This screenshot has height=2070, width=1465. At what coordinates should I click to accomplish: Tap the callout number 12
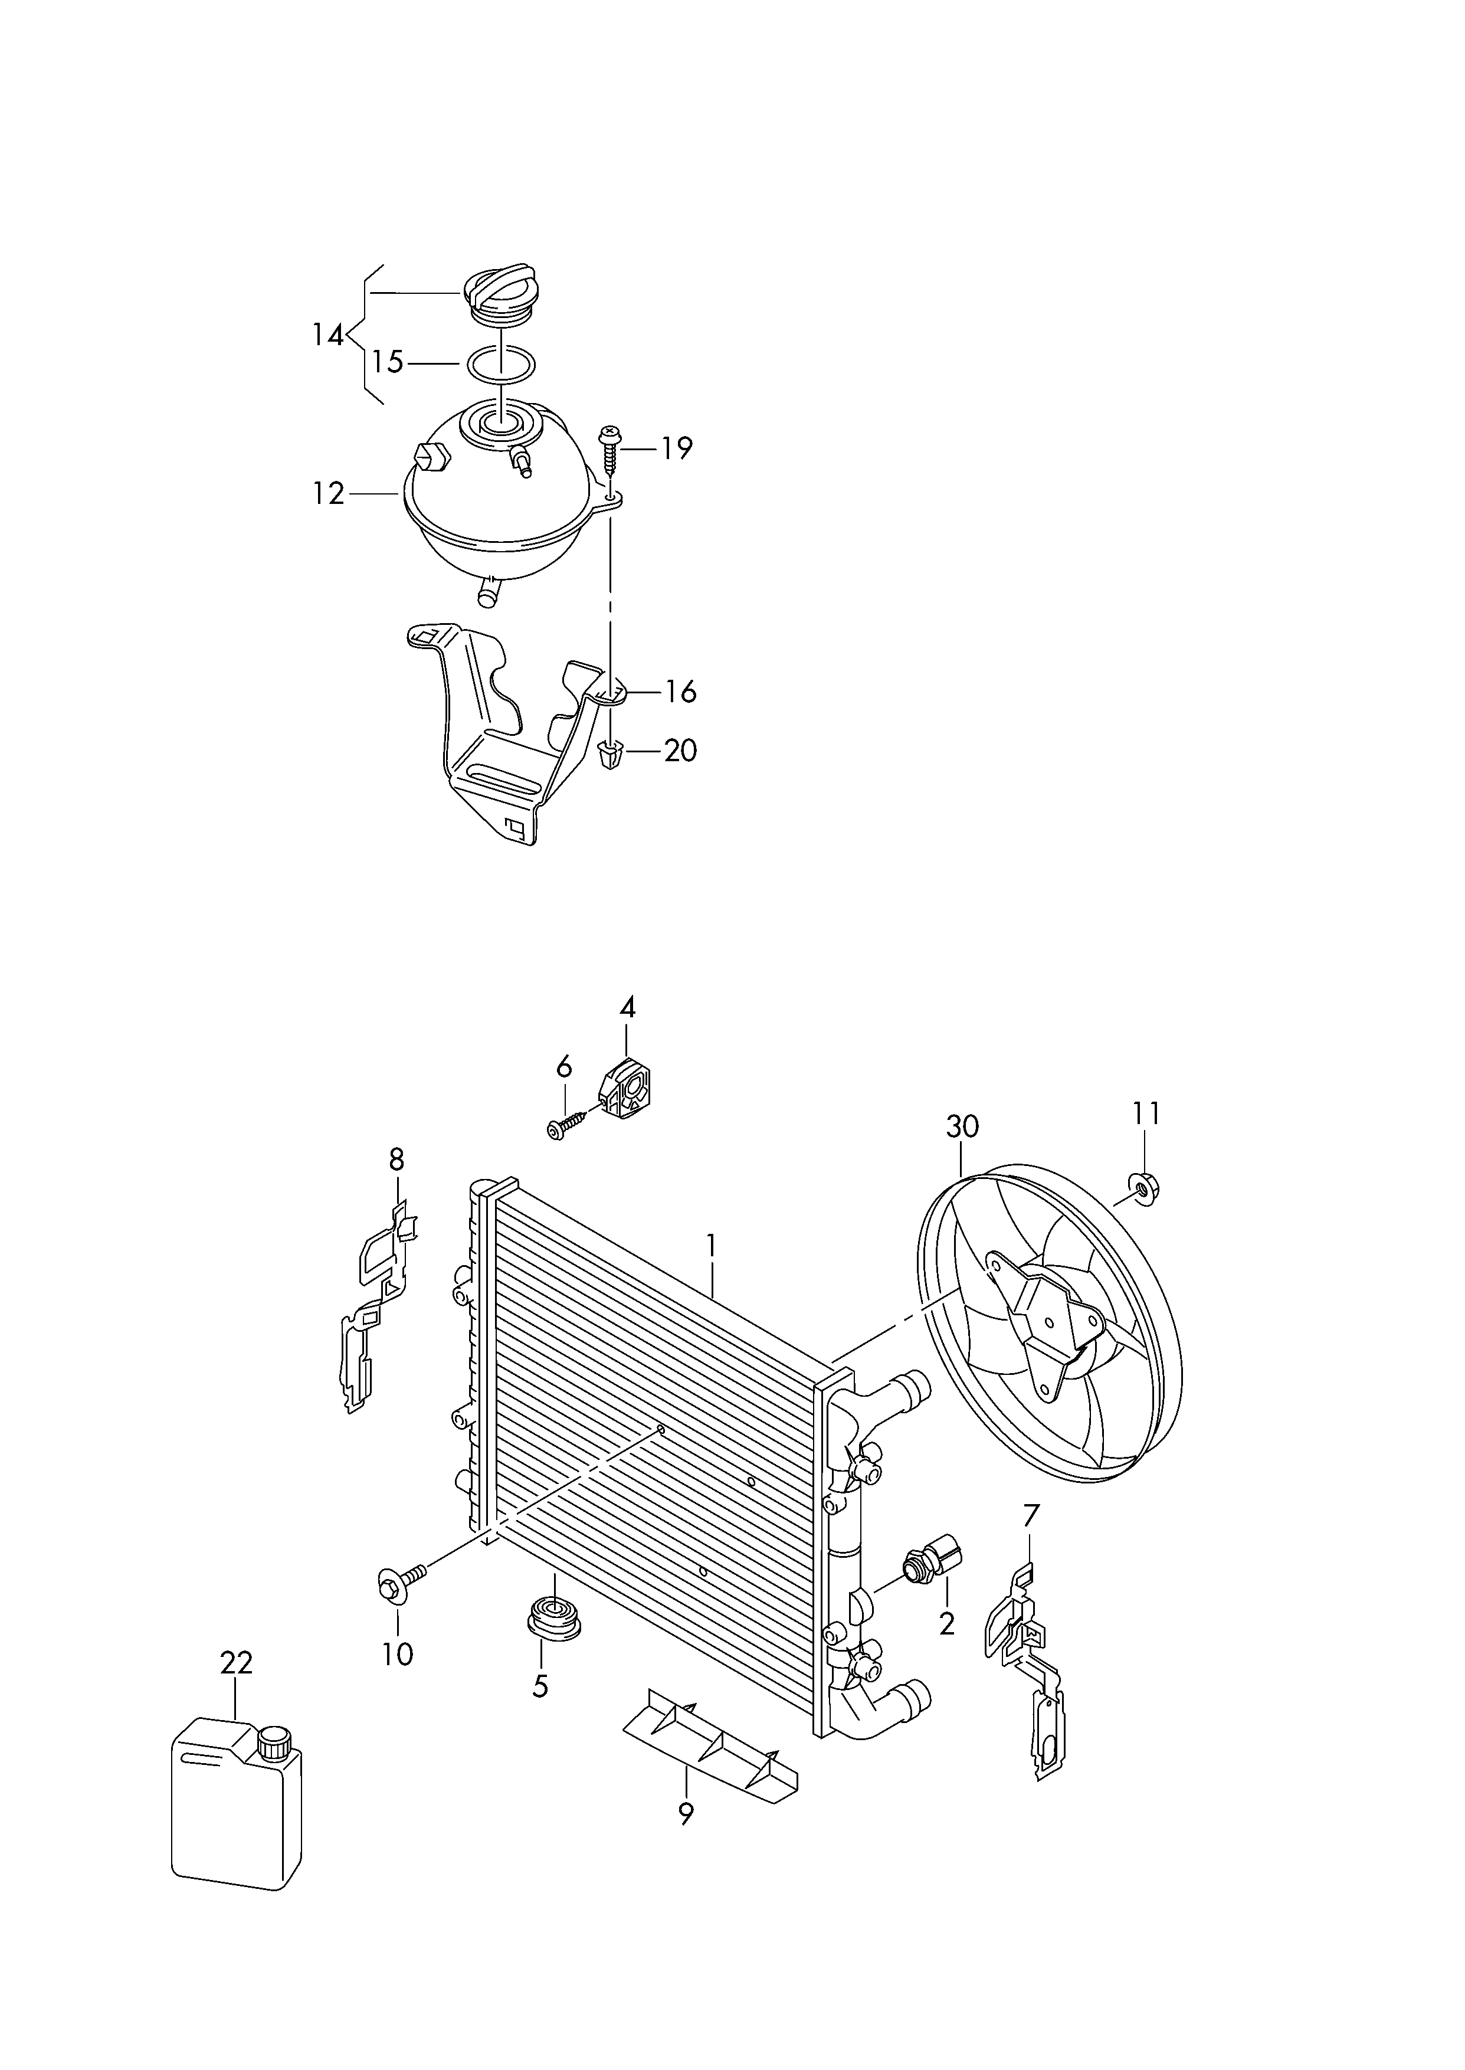coord(329,494)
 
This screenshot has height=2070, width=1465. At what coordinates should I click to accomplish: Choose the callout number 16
coord(680,692)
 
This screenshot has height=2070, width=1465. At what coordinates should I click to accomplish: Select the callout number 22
coord(237,1662)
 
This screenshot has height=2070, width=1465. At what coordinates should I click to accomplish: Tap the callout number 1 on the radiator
coord(712,1246)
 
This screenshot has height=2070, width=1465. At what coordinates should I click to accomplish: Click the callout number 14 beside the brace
coord(329,336)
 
